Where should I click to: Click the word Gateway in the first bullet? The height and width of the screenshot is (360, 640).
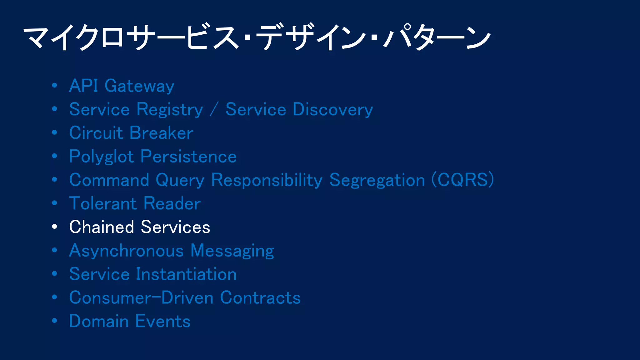tap(139, 86)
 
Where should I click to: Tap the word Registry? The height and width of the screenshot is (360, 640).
tap(170, 110)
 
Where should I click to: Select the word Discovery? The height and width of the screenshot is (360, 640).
tap(333, 110)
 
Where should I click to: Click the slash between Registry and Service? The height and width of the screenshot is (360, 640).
tap(214, 110)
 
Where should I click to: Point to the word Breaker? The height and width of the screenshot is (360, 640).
tap(162, 133)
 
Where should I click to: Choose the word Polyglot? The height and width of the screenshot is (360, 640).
tap(102, 157)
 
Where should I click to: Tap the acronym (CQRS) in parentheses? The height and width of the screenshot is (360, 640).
tap(462, 180)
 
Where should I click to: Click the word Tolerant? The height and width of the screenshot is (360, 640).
tap(103, 204)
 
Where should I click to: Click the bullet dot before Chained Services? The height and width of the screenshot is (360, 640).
tap(55, 227)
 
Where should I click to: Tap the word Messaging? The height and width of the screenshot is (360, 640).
tap(232, 251)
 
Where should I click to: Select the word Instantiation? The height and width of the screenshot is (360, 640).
tap(186, 274)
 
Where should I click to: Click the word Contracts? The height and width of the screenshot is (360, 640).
tap(260, 298)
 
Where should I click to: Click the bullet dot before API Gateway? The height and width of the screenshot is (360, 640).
tap(55, 85)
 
